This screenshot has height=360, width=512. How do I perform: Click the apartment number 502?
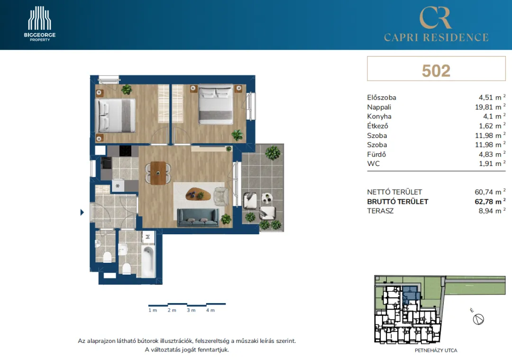(436, 71)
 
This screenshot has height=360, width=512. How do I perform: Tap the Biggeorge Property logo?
(39, 24)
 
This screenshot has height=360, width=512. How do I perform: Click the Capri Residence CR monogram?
(436, 18)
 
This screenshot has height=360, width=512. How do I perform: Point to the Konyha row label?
(379, 116)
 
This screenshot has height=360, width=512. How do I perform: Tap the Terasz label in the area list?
(380, 211)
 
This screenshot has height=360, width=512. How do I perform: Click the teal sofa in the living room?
(198, 217)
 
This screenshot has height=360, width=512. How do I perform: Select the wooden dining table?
(158, 173)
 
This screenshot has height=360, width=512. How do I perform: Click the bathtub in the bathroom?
(148, 262)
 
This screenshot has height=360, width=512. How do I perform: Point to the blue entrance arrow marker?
(82, 212)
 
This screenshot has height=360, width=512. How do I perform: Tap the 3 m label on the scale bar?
(191, 310)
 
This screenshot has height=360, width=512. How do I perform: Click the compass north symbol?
(478, 319)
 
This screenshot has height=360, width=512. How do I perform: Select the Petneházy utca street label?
(436, 350)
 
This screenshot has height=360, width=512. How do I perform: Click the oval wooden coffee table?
(198, 194)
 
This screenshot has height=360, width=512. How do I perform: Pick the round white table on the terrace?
(267, 198)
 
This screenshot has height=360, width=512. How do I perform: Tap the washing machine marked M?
(148, 237)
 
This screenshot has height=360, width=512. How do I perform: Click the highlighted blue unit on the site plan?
(410, 294)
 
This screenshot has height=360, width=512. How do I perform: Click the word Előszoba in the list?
(381, 97)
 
